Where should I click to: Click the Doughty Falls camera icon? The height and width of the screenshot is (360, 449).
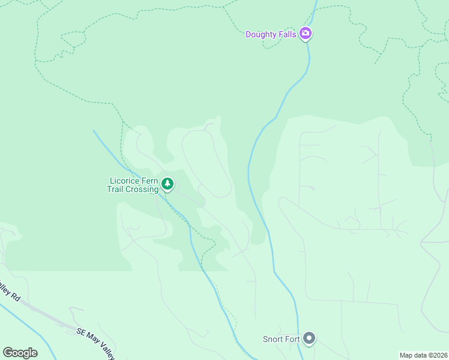[x=306, y=34]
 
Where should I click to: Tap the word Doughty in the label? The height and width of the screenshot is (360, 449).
[x=261, y=34]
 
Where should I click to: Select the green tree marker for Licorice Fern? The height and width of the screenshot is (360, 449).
[x=168, y=184]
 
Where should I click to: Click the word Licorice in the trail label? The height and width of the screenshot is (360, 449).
[x=124, y=181]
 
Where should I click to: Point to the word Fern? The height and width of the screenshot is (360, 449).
[x=148, y=181]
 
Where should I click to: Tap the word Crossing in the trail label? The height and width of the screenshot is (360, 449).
[x=142, y=189]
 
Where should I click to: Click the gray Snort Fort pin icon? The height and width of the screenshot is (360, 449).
[x=309, y=339]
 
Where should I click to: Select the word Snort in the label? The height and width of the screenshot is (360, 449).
[x=273, y=340]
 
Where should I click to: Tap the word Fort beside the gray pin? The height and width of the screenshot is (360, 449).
[x=292, y=340]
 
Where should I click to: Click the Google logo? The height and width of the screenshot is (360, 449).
[x=20, y=353]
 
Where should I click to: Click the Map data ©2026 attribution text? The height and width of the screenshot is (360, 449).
[x=423, y=355]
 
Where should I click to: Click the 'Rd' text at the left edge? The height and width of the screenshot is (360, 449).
[x=16, y=297]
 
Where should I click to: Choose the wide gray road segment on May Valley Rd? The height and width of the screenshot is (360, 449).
[x=42, y=313]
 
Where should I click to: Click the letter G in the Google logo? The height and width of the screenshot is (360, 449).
[x=7, y=353]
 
